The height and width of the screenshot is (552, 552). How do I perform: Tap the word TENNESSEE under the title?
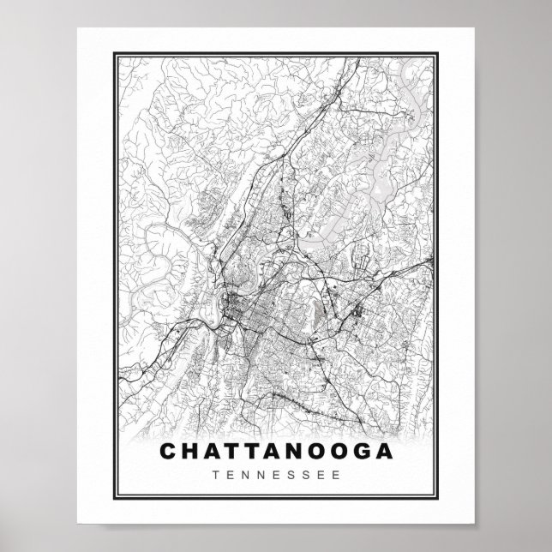276,472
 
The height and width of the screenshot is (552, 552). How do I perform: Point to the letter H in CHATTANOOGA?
189,451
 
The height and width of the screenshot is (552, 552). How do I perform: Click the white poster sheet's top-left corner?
77,28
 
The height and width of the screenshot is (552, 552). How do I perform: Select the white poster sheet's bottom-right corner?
474,523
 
